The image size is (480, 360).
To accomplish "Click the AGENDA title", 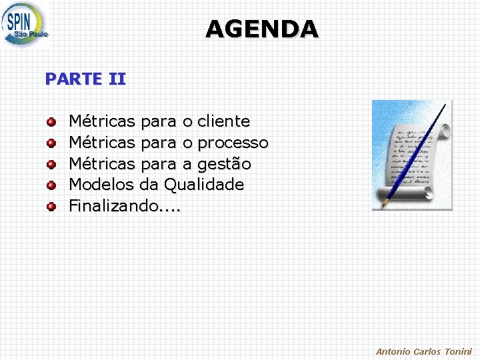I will [262, 29].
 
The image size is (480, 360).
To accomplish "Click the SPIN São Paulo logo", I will [25, 25].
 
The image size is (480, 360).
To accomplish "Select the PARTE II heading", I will [85, 79].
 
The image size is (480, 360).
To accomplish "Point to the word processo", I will [233, 143].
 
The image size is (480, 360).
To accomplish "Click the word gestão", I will [224, 164].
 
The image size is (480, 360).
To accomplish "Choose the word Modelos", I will [102, 185].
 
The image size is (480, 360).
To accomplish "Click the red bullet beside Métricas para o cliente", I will [51, 122].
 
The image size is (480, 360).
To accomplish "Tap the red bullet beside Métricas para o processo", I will [51, 143].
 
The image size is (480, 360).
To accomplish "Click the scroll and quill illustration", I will [411, 155].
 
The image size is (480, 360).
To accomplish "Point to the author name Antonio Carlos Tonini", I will [423, 351].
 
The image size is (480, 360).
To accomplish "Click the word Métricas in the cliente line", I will [102, 121].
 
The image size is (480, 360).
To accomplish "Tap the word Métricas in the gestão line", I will [102, 164].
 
